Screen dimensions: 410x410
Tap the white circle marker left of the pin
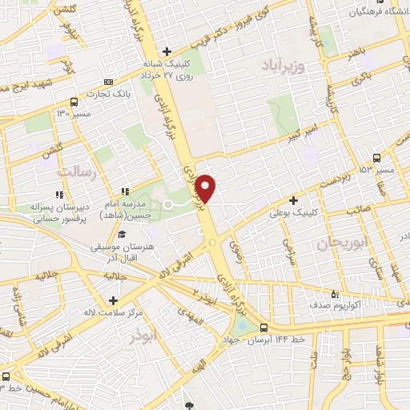168,205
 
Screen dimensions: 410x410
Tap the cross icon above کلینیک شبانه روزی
166,51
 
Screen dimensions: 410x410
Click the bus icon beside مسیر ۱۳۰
74,102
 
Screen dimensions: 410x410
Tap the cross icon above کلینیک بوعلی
294,200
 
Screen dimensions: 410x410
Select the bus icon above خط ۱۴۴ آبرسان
264,327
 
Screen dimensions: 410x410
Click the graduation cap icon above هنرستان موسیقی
122,234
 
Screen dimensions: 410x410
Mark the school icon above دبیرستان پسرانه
59,194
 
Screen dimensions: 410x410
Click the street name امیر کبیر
307,130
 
